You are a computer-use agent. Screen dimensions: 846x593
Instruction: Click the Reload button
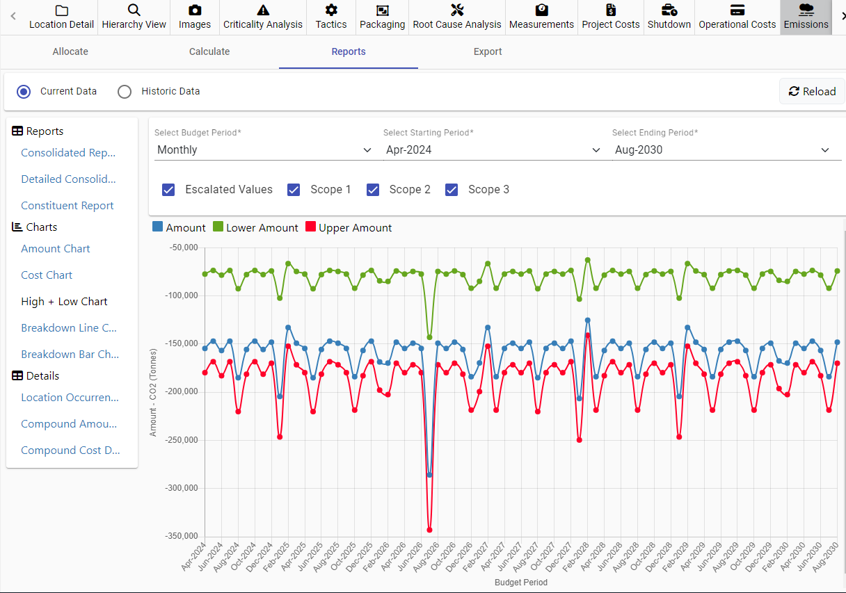pyautogui.click(x=812, y=91)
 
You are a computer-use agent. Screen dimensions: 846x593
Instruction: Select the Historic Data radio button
pyautogui.click(x=125, y=92)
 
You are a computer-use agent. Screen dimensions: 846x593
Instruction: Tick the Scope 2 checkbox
pyautogui.click(x=373, y=190)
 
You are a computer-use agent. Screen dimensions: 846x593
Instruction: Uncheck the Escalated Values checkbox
pyautogui.click(x=168, y=190)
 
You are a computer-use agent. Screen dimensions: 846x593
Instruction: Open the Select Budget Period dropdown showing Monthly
pyautogui.click(x=264, y=150)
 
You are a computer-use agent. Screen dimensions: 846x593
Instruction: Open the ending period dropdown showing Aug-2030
pyautogui.click(x=721, y=150)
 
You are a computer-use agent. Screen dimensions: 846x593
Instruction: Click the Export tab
pyautogui.click(x=488, y=51)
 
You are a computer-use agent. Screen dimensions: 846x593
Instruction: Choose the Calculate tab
pyautogui.click(x=209, y=51)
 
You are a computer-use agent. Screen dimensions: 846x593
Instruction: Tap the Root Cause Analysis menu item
pyautogui.click(x=457, y=17)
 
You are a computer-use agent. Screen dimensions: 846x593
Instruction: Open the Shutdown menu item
pyautogui.click(x=669, y=17)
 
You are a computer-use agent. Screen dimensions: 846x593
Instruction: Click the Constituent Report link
pyautogui.click(x=67, y=206)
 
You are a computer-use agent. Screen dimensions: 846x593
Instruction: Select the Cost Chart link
pyautogui.click(x=47, y=275)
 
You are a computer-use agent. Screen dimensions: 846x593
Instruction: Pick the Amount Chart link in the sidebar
pyautogui.click(x=56, y=249)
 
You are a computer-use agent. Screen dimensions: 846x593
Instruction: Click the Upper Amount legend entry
pyautogui.click(x=349, y=227)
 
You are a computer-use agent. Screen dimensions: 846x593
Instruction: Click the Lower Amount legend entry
pyautogui.click(x=256, y=227)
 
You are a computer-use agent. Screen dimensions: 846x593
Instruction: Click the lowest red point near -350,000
pyautogui.click(x=429, y=530)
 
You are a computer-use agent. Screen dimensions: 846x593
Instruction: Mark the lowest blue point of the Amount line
pyautogui.click(x=429, y=475)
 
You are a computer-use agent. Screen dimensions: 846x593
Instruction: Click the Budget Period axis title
pyautogui.click(x=521, y=583)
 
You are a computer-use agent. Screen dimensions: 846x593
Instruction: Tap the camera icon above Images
pyautogui.click(x=195, y=10)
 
